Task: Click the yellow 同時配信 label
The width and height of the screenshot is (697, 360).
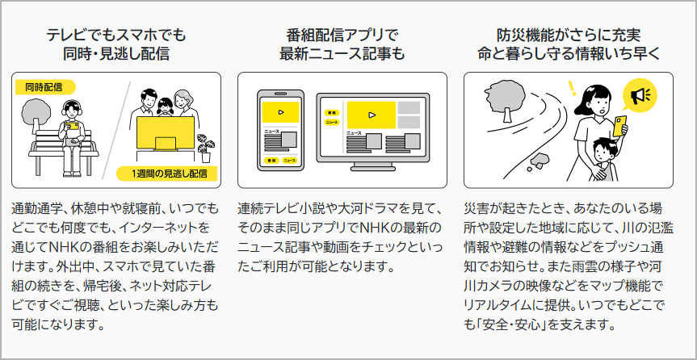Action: pos(45,87)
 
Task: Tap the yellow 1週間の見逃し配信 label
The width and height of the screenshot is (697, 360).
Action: pos(166,174)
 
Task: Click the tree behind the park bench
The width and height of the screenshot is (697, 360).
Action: pos(37,113)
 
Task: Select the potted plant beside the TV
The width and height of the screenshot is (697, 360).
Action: pos(205,148)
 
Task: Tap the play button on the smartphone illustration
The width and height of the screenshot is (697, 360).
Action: pos(280,112)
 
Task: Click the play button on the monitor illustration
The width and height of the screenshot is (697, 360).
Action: pos(372,115)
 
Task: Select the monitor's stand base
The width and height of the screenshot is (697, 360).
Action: pos(372,169)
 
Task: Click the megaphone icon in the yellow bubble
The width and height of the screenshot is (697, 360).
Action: pos(639,95)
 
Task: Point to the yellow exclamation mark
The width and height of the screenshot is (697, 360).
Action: pos(572,88)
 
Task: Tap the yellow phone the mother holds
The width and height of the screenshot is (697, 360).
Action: pos(619,126)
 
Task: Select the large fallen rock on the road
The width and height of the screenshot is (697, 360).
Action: pos(541,158)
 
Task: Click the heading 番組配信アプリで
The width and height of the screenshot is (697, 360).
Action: pos(342,35)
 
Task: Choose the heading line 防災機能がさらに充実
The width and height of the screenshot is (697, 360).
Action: pos(569,35)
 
